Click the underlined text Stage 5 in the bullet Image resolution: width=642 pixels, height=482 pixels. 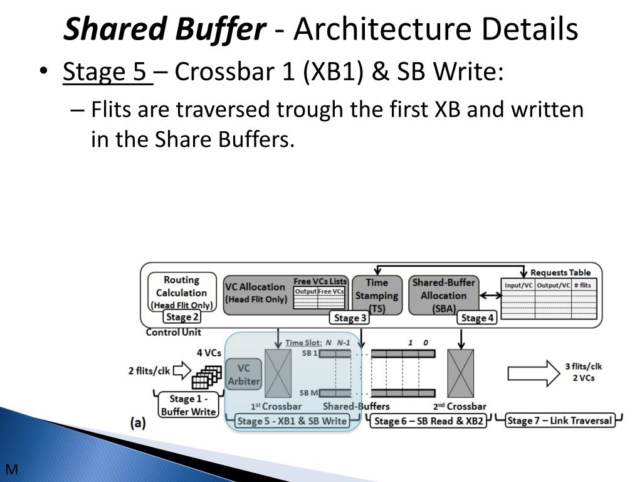107,72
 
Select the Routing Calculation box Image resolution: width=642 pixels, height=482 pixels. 182,292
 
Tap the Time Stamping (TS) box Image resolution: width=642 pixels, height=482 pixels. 377,295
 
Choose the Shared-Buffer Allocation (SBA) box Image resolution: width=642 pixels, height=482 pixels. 443,295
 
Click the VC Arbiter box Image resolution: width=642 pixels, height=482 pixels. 243,374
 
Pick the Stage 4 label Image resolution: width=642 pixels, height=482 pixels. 477,318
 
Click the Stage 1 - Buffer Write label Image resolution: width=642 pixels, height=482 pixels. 187,405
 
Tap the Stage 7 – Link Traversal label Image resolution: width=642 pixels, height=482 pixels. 559,420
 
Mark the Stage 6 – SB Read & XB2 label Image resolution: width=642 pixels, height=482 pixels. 429,421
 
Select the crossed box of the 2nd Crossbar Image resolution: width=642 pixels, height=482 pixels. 460,373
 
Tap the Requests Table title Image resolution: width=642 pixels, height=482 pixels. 560,272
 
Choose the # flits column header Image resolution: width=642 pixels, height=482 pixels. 584,285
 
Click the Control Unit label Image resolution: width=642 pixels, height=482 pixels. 173,332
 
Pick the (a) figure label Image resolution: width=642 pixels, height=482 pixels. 138,423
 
